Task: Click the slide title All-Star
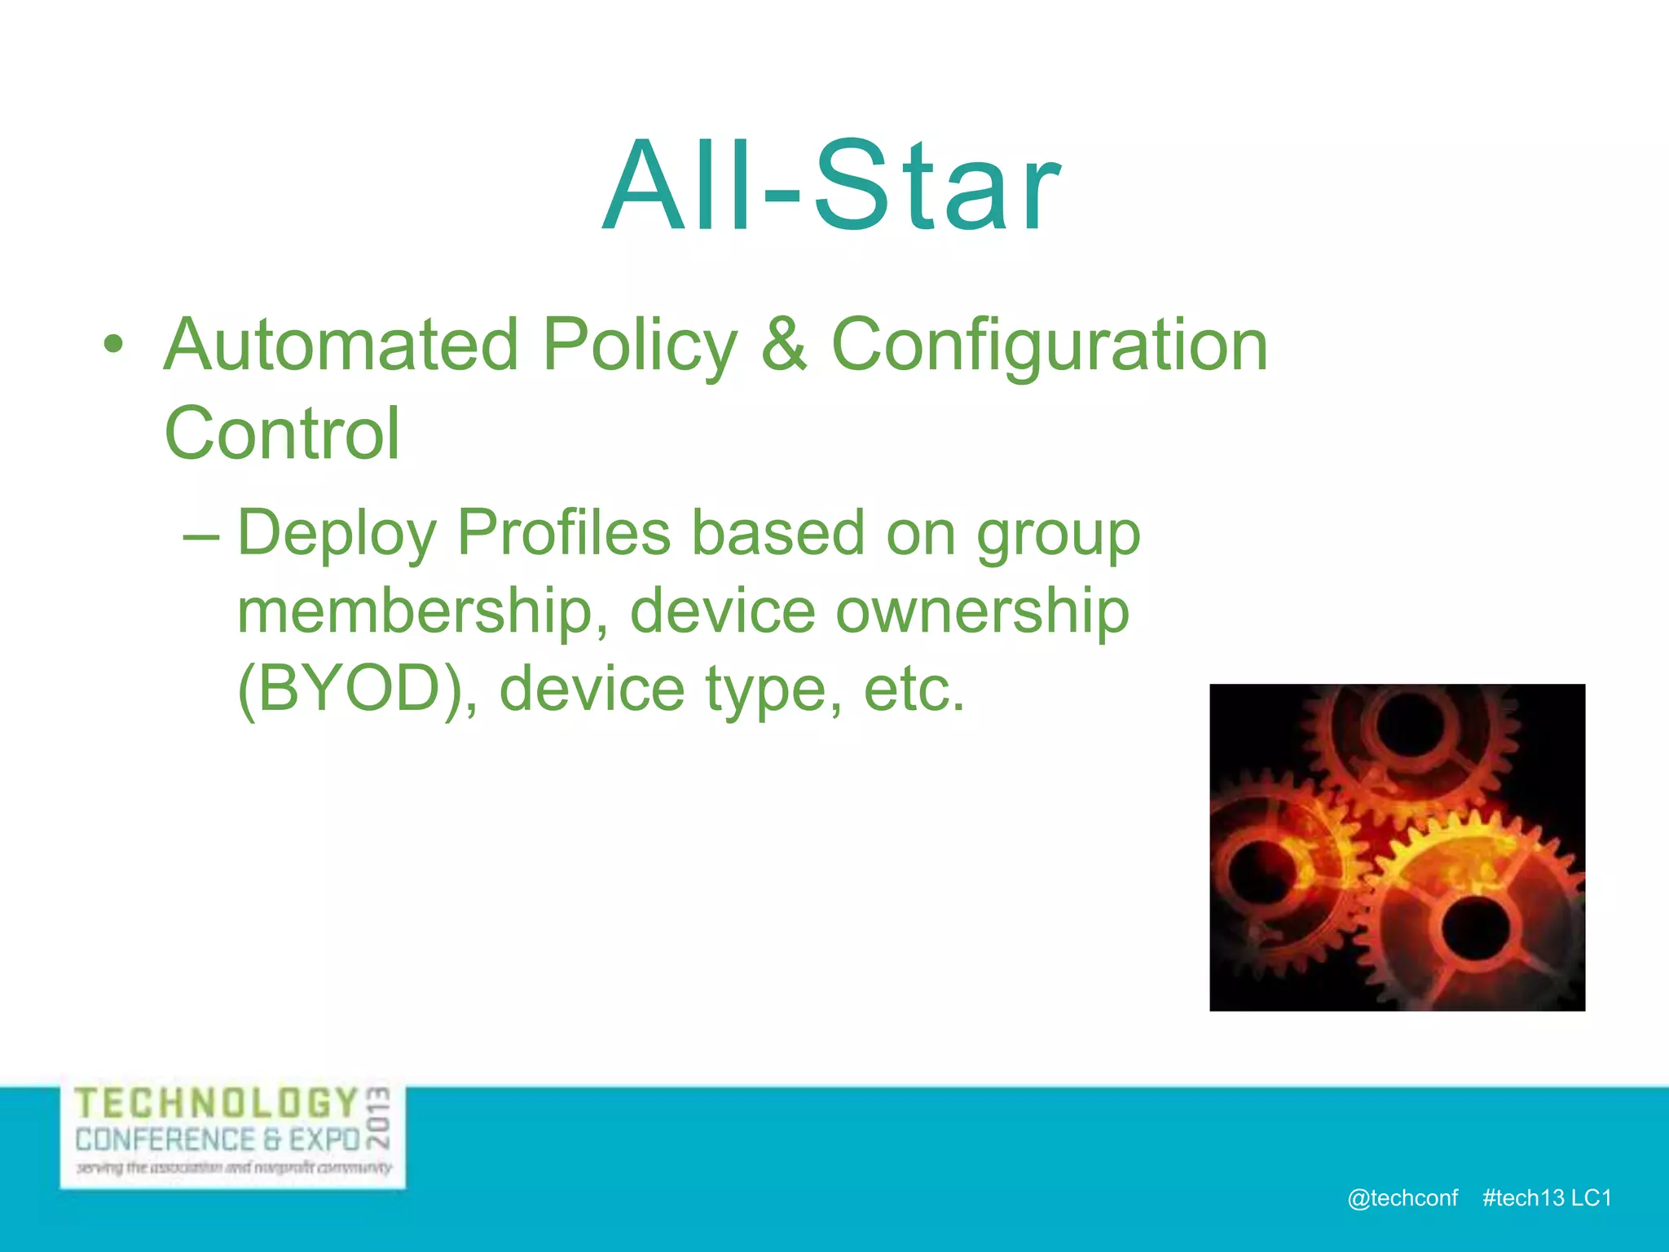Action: tap(831, 187)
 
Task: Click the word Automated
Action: tap(341, 346)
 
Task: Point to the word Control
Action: tap(282, 434)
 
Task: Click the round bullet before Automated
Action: tap(114, 346)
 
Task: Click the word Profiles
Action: tap(563, 533)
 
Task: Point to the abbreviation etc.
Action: tap(914, 690)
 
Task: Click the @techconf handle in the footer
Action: tap(1403, 1198)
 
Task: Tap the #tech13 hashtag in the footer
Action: tap(1523, 1198)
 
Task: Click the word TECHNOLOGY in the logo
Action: tap(216, 1104)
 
